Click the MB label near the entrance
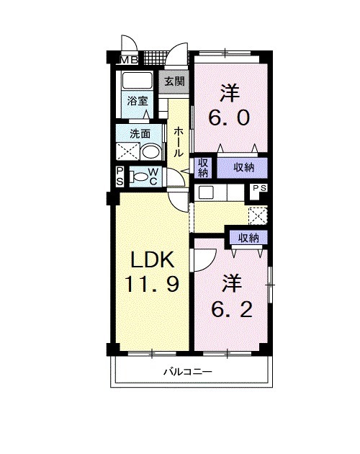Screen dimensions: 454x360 130,59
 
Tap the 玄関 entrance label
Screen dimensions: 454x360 174,81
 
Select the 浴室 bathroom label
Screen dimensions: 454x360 138,101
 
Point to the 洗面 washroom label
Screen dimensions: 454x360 140,133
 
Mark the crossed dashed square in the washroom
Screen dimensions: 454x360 127,151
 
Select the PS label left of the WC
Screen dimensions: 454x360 120,175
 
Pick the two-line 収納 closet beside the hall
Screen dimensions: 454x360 203,167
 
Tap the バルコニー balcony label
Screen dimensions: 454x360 186,373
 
